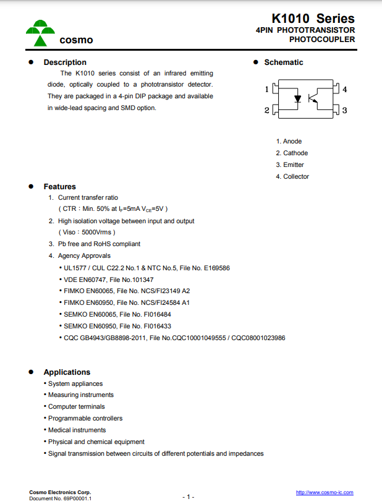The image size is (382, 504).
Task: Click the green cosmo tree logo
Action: [40, 33]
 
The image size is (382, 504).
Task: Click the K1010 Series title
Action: [313, 19]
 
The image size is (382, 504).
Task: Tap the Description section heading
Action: [65, 62]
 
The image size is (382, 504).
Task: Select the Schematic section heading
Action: [284, 62]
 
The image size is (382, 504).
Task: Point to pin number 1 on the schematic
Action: [267, 89]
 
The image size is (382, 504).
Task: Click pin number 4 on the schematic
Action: [344, 89]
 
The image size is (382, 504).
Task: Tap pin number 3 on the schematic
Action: [344, 110]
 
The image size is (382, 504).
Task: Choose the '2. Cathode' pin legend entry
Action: [292, 153]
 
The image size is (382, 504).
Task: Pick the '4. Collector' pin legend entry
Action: [292, 176]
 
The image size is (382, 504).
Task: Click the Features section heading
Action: [59, 186]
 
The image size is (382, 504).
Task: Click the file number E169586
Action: [213, 268]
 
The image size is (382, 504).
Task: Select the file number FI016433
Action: [156, 326]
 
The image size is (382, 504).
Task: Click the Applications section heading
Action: [67, 372]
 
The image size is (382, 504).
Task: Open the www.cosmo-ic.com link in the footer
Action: [325, 492]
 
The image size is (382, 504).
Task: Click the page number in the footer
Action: [189, 497]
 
